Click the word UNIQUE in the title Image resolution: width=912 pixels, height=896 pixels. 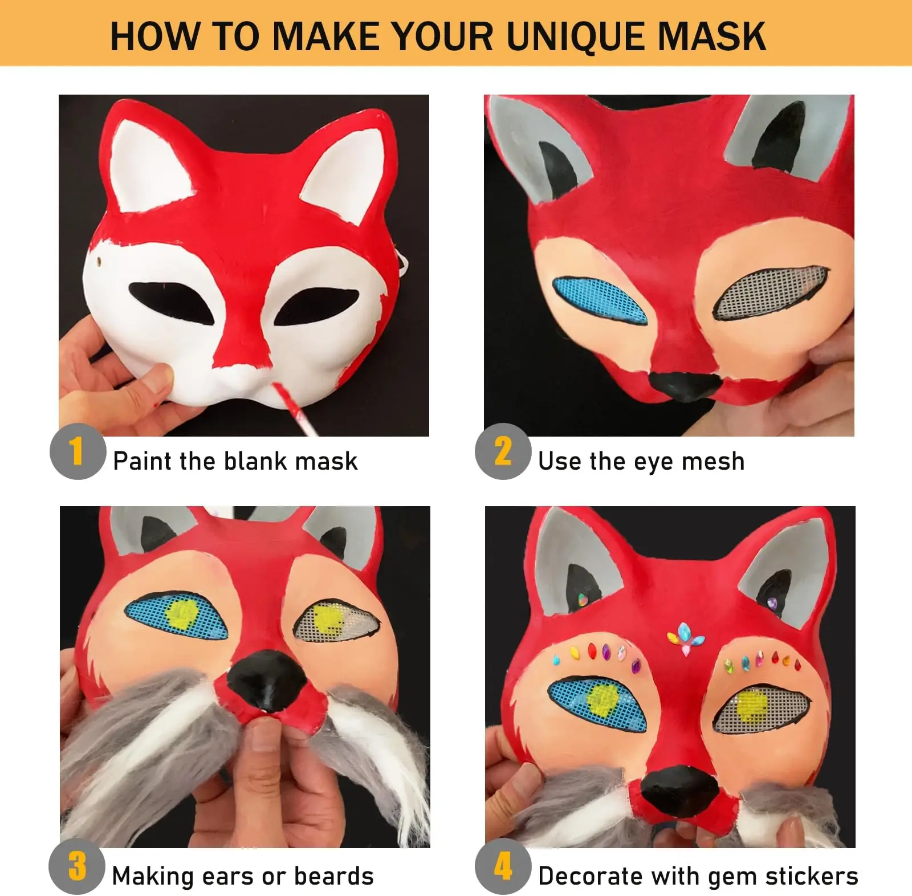[576, 36]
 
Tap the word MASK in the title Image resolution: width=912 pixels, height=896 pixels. [712, 36]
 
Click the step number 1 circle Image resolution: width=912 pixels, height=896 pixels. [78, 451]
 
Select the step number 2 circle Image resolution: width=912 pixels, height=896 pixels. [503, 451]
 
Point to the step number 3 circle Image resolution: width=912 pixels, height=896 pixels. [77, 866]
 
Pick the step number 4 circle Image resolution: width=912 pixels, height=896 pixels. [503, 866]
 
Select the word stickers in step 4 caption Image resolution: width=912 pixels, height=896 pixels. [812, 875]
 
